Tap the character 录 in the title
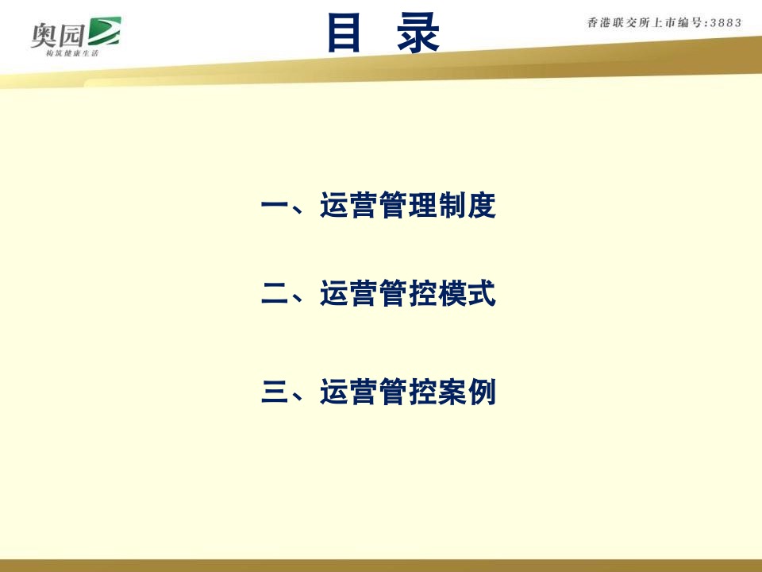(x=418, y=33)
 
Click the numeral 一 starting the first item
(x=275, y=207)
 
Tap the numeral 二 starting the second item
(x=275, y=296)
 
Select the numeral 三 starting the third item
(x=275, y=392)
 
